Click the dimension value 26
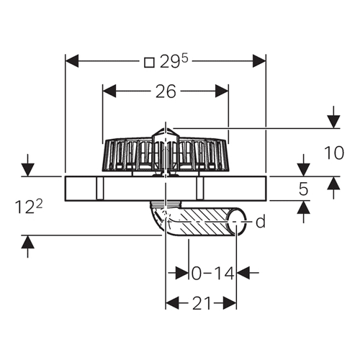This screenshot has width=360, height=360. click(x=166, y=91)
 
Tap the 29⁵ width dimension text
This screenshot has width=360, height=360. click(x=174, y=62)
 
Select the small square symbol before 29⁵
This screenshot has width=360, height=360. click(x=149, y=63)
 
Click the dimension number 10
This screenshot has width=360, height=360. click(x=334, y=153)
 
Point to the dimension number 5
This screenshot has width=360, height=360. click(x=303, y=189)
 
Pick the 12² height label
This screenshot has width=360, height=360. click(x=28, y=207)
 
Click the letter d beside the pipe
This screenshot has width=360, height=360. click(x=261, y=221)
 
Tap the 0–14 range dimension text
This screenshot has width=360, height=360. click(x=212, y=274)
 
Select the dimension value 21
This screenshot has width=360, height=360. click(x=202, y=303)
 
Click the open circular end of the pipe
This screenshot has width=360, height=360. click(x=237, y=222)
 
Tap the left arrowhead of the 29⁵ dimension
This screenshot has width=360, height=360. click(x=72, y=61)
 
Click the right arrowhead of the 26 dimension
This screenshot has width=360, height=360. click(x=222, y=91)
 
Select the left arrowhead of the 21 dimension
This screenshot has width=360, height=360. click(x=172, y=303)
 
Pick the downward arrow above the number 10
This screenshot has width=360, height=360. click(x=333, y=118)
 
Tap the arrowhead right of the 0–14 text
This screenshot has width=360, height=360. click(x=243, y=273)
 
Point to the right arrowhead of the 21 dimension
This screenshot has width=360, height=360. click(x=230, y=303)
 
